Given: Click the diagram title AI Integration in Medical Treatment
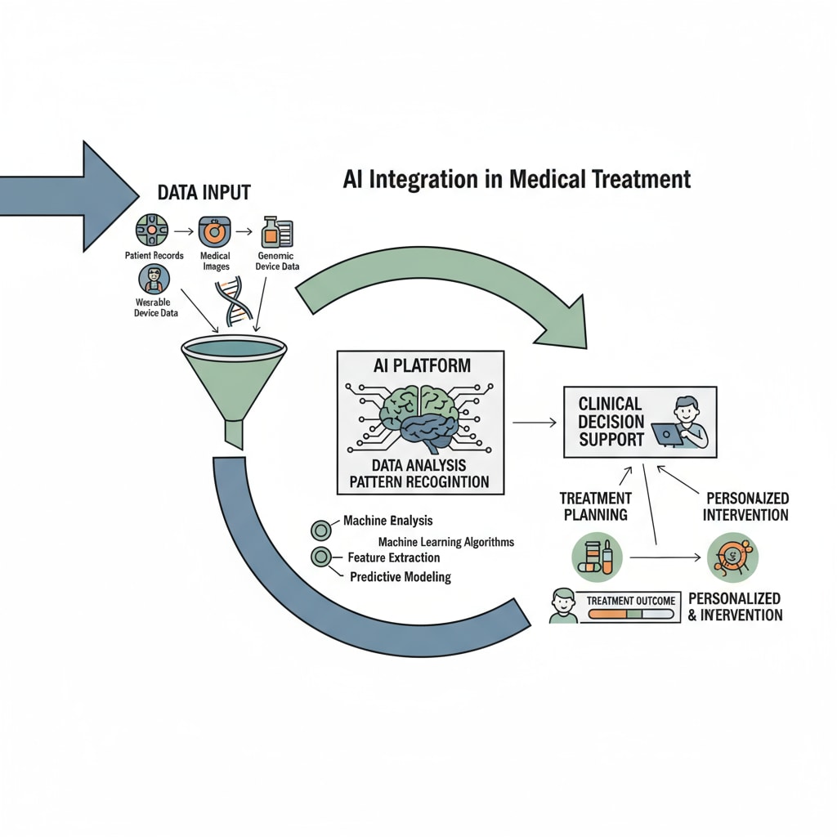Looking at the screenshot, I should point(517,178).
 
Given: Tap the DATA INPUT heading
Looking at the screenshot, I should point(203,193).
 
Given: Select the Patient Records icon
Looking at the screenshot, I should point(151,231).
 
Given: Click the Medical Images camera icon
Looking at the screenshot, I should point(214,232).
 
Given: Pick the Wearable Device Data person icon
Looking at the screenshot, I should point(154,279).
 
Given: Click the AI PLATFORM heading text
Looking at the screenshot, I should point(421,365).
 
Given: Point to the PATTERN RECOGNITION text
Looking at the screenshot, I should point(420,481).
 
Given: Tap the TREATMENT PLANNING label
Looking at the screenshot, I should point(595,506).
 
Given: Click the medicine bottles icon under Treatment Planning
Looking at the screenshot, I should point(596,557).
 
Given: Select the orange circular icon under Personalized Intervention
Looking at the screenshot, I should point(732,557).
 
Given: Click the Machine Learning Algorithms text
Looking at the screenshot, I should point(446,542).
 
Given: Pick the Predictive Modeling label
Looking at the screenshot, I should point(401,576).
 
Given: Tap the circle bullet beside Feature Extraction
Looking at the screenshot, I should point(320,558).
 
